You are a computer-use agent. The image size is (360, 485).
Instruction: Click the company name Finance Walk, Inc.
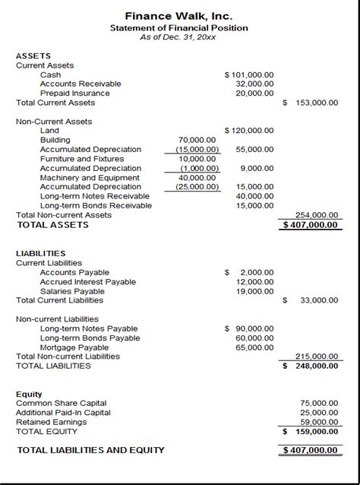pyautogui.click(x=179, y=15)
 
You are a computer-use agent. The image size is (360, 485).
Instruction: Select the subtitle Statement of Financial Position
pyautogui.click(x=179, y=28)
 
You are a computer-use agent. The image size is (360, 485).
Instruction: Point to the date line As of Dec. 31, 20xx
pyautogui.click(x=179, y=38)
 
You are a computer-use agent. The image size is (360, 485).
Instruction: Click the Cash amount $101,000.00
pyautogui.click(x=249, y=74)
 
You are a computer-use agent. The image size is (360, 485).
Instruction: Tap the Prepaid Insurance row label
pyautogui.click(x=74, y=94)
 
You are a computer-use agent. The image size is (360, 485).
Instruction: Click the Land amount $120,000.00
pyautogui.click(x=249, y=131)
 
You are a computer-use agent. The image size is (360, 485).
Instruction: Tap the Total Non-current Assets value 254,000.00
pyautogui.click(x=317, y=215)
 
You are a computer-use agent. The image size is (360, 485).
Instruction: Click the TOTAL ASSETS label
pyautogui.click(x=52, y=225)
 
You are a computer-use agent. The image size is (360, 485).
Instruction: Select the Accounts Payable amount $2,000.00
pyautogui.click(x=249, y=272)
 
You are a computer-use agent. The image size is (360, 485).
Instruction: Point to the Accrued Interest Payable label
pyautogui.click(x=88, y=281)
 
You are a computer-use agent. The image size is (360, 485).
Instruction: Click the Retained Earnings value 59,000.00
pyautogui.click(x=319, y=421)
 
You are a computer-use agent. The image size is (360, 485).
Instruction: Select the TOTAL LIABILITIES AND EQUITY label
pyautogui.click(x=90, y=450)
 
